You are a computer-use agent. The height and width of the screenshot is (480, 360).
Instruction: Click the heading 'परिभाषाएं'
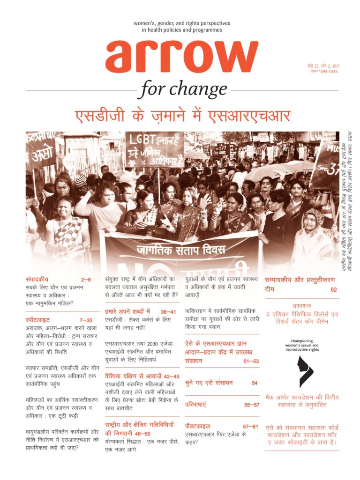pyautogui.click(x=195, y=404)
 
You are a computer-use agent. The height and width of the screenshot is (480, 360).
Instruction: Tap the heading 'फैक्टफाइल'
pyautogui.click(x=197, y=426)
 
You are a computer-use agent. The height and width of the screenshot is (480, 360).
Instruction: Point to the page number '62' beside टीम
pyautogui.click(x=333, y=289)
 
